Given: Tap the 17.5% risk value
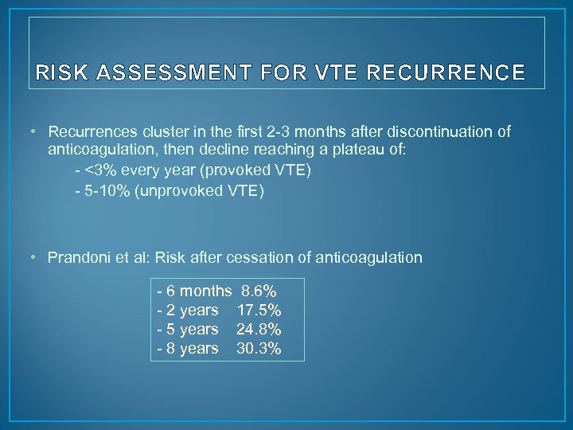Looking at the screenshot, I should point(259,308).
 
